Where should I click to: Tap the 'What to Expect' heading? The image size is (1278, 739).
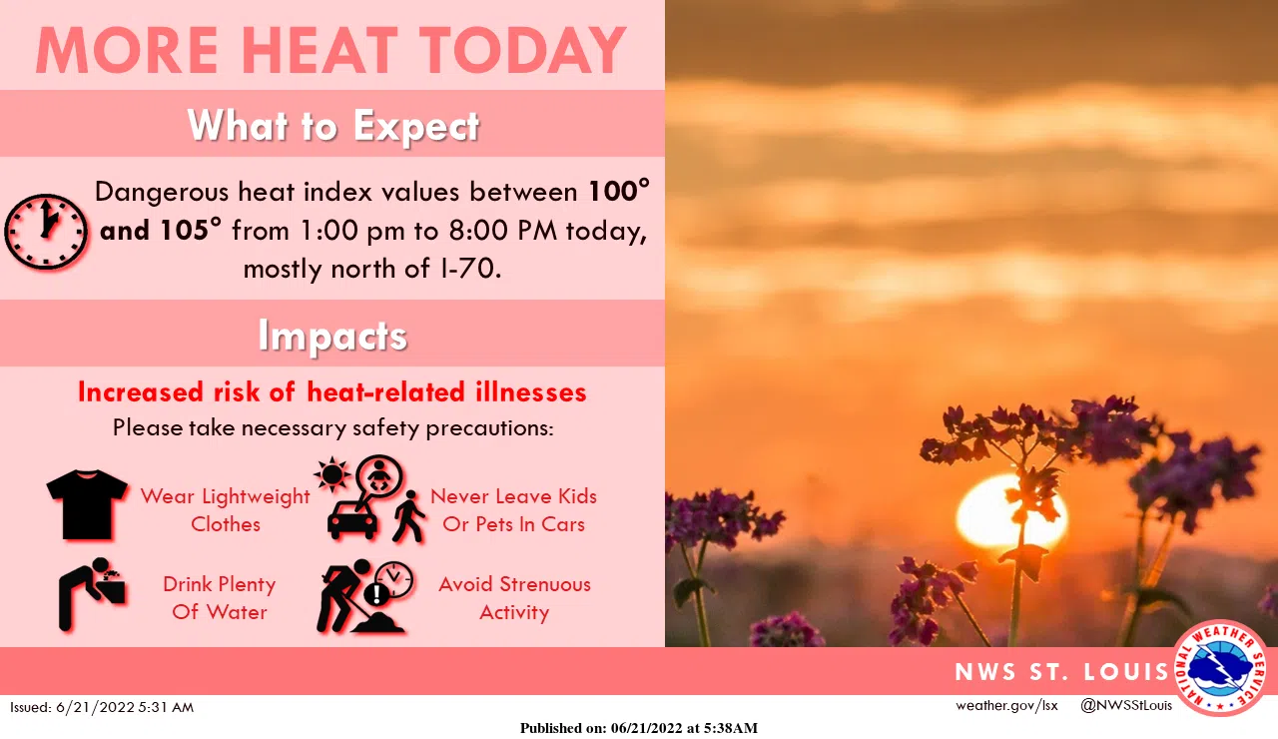click(332, 126)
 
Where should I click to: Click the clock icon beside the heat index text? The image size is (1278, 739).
click(45, 230)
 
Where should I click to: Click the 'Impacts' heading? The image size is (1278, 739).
click(332, 336)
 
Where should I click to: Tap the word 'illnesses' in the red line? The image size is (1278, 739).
click(525, 391)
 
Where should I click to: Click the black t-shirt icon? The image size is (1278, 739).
click(87, 504)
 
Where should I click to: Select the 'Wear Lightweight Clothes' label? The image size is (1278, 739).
click(226, 509)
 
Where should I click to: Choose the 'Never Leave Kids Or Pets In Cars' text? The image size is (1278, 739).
click(513, 509)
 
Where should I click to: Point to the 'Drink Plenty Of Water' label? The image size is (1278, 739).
click(220, 597)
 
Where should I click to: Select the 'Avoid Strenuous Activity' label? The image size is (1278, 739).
click(514, 597)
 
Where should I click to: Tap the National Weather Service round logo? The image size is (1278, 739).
click(1220, 668)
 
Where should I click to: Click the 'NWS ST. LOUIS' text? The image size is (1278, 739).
click(1061, 671)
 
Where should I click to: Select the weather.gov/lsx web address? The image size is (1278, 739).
click(1006, 706)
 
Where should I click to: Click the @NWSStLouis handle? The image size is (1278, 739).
click(1125, 706)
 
